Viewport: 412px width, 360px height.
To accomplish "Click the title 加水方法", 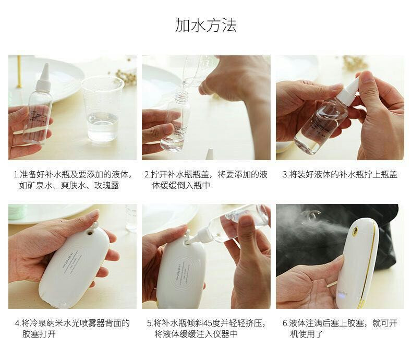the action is pyautogui.click(x=206, y=25).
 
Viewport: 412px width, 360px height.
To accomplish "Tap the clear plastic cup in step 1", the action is pyautogui.click(x=102, y=109).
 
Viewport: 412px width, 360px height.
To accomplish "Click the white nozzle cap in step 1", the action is pyautogui.click(x=44, y=76).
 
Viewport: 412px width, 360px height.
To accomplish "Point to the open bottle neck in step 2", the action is pyautogui.click(x=181, y=94).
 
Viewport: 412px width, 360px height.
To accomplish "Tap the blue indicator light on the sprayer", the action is pyautogui.click(x=342, y=297).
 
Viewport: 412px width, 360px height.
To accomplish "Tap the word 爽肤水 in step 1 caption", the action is pyautogui.click(x=74, y=185).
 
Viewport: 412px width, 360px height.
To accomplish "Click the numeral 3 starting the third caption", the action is pyautogui.click(x=285, y=174).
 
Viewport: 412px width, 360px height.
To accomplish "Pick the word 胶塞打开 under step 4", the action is pyautogui.click(x=39, y=334).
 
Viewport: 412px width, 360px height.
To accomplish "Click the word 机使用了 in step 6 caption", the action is pyautogui.click(x=306, y=334).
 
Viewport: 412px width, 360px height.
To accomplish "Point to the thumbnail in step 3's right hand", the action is pyautogui.click(x=368, y=78).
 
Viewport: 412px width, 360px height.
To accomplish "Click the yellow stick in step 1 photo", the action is pyautogui.click(x=19, y=71).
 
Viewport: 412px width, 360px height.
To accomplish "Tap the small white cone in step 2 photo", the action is pyautogui.click(x=210, y=154).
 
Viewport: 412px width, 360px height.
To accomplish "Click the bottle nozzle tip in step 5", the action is pyautogui.click(x=190, y=241).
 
